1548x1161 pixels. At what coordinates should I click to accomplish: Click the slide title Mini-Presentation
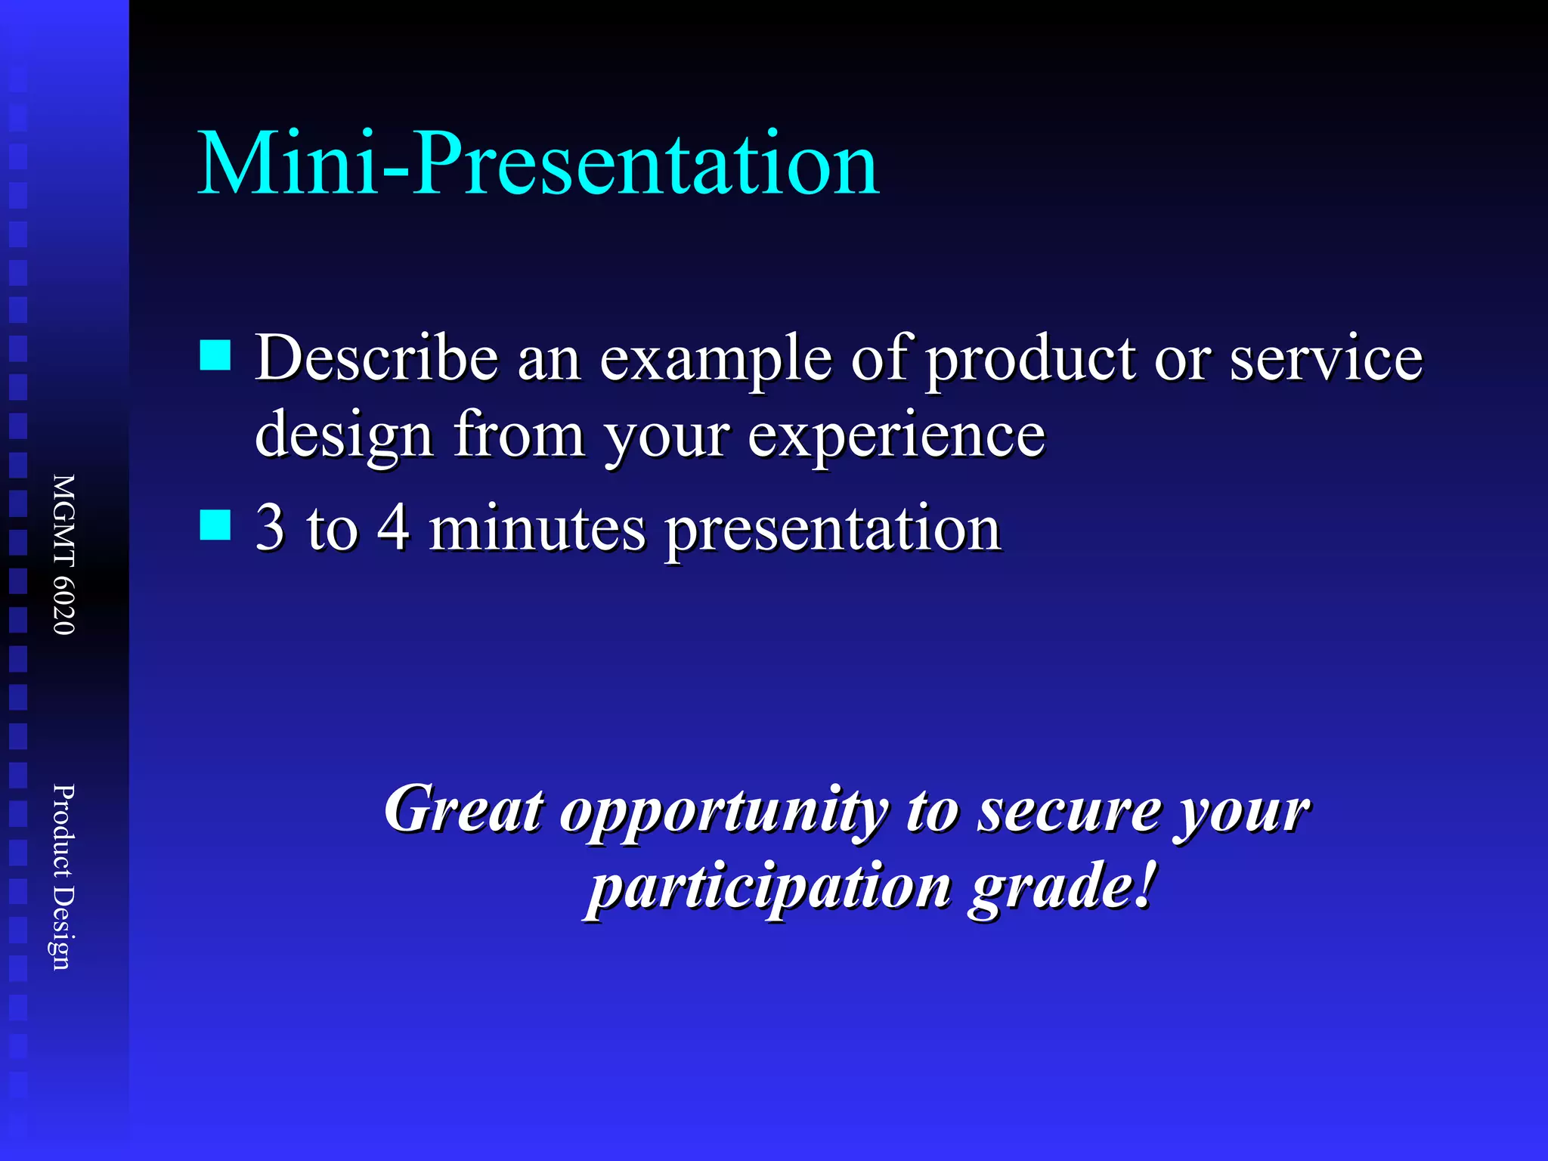pos(538,163)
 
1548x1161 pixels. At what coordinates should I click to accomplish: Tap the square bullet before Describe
pos(215,354)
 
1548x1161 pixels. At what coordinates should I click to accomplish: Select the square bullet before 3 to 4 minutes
pos(215,525)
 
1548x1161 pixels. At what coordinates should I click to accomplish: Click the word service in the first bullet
pos(1326,358)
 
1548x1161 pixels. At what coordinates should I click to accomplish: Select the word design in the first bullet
pos(344,437)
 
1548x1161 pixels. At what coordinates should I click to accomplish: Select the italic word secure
pos(1070,813)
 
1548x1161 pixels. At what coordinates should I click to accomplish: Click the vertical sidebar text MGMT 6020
pos(63,554)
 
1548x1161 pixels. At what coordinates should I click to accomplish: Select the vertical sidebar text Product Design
pos(63,877)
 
